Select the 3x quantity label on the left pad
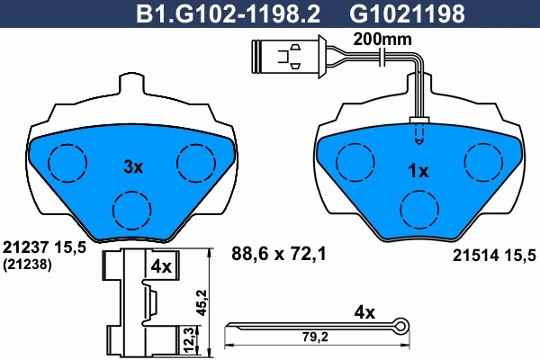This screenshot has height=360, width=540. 133,166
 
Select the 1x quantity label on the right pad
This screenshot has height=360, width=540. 418,171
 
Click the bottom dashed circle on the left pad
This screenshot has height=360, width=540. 133,209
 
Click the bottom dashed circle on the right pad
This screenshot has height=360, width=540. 418,211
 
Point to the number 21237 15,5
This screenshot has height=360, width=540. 44,247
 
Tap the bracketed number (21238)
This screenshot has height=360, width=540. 27,265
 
